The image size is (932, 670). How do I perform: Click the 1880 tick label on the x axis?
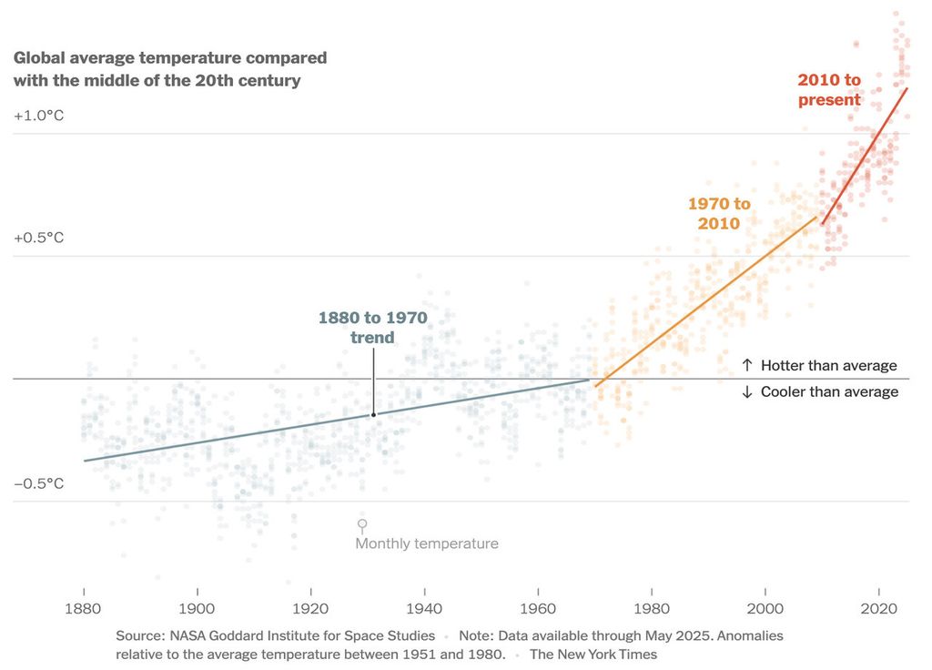tap(84, 609)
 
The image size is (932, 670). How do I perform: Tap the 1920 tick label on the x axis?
tap(310, 609)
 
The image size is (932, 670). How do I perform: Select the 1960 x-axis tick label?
tap(538, 609)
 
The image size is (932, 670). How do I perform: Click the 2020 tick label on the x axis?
tap(878, 609)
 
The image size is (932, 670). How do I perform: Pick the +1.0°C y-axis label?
tap(39, 116)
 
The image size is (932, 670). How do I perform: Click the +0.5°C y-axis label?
tap(39, 238)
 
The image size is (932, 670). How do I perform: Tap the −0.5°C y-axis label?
tap(39, 483)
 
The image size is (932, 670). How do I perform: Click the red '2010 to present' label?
tap(829, 90)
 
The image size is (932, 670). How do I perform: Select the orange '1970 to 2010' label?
tap(719, 214)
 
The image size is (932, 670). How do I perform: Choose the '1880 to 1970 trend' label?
tap(372, 328)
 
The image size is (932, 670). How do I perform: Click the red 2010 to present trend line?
tap(865, 156)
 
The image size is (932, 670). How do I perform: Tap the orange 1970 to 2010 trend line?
tap(705, 301)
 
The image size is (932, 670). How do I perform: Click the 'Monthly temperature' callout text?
tap(427, 543)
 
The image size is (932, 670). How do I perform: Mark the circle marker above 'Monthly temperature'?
tap(362, 524)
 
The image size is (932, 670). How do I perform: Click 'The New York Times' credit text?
tap(593, 654)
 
